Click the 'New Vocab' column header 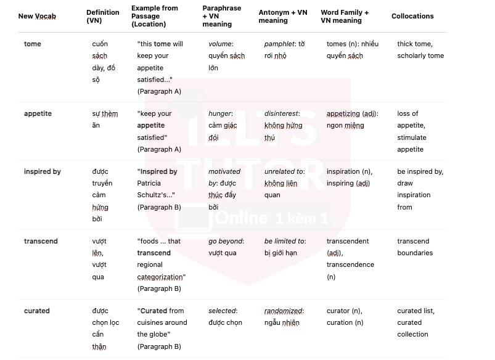coord(37,16)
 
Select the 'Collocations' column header coord(412,16)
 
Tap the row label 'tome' coord(33,44)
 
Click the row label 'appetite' coord(38,113)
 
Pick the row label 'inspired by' coord(43,171)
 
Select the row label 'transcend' coord(41,241)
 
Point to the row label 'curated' coord(36,311)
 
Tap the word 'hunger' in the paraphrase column coord(220,113)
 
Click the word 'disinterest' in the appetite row coord(282,113)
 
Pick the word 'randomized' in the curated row coord(284,311)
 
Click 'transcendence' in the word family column coord(350,264)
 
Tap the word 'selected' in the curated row coord(222,311)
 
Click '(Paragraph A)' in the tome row coord(159,91)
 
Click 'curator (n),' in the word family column coord(345,311)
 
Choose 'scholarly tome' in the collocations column coord(420,55)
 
